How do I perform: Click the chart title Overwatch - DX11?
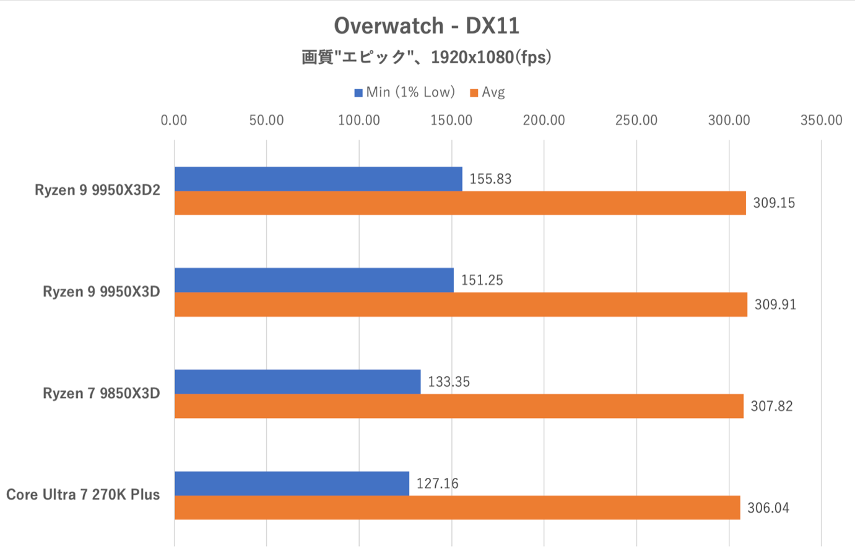[427, 26]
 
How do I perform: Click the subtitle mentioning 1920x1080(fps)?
[427, 58]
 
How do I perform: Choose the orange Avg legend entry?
[488, 92]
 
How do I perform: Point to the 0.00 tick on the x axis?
[173, 120]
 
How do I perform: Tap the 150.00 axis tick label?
[451, 120]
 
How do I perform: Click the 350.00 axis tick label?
[821, 120]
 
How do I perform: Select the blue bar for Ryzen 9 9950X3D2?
[318, 179]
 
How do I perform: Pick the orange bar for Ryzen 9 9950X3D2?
[460, 203]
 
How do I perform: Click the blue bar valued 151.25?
[314, 280]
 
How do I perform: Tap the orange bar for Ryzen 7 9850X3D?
[459, 406]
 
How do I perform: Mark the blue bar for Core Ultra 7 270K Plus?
[292, 483]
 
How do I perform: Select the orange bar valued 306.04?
[457, 508]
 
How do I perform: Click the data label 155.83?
[490, 179]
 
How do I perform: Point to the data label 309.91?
[775, 304]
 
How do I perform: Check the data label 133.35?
[449, 382]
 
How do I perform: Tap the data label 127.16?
[437, 483]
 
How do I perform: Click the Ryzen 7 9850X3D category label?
[102, 394]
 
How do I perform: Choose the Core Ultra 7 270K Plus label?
[83, 495]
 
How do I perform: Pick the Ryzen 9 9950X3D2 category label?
[97, 190]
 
